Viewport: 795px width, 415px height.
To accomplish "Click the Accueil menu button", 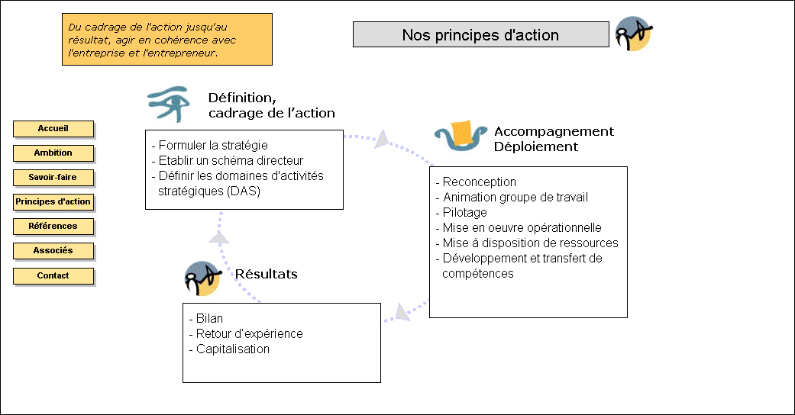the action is tap(53, 129).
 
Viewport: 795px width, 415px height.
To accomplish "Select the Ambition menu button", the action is tap(53, 153).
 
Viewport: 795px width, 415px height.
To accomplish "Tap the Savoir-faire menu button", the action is tap(53, 177).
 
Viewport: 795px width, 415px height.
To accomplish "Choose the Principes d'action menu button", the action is tap(53, 201).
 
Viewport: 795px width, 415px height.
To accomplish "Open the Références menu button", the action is tap(53, 226).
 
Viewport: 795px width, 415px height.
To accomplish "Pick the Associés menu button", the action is tap(53, 251).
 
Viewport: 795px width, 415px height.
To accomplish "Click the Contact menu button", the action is tap(53, 275).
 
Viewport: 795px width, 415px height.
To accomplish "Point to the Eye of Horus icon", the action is tap(169, 104).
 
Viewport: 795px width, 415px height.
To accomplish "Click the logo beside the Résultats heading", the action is tap(203, 278).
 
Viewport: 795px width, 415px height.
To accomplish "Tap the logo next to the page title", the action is tap(633, 34).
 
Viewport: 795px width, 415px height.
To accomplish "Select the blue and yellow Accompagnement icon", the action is tap(461, 136).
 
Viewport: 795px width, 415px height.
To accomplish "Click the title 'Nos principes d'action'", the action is tap(480, 34).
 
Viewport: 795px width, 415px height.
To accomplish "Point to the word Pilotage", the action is tap(464, 212).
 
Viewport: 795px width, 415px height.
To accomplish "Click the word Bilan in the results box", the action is tap(209, 318).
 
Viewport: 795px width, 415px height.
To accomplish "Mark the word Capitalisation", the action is tap(233, 349).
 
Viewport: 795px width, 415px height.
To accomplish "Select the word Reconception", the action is tap(479, 182).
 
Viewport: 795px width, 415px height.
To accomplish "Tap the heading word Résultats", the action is tap(267, 274).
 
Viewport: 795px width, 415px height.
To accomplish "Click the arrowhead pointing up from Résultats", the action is tap(219, 236).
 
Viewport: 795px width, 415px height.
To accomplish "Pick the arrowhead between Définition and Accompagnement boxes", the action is tap(382, 140).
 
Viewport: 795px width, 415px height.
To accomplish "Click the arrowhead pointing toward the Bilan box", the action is tap(402, 312).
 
